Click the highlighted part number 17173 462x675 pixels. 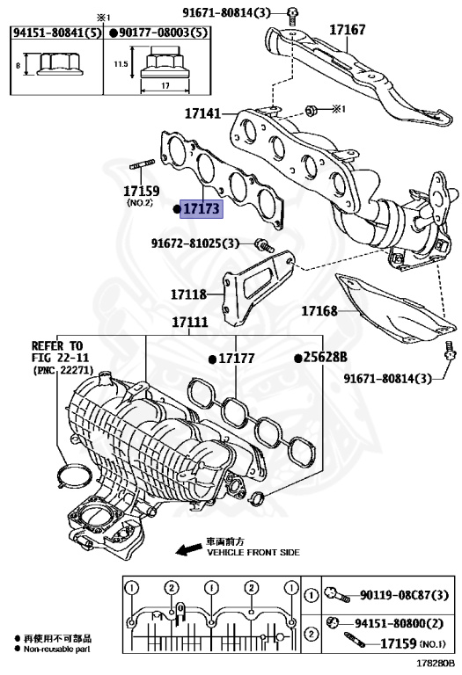(x=202, y=209)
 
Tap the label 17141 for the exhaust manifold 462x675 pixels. (x=204, y=113)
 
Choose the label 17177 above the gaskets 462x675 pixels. (x=235, y=359)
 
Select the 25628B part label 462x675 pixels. (x=325, y=358)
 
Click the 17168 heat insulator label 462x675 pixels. (x=321, y=310)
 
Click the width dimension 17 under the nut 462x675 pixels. (x=165, y=85)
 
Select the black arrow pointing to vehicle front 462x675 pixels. (x=187, y=549)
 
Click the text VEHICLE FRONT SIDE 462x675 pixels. (x=253, y=553)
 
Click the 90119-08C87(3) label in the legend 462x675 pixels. (x=400, y=596)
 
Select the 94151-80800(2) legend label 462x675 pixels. (x=400, y=623)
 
